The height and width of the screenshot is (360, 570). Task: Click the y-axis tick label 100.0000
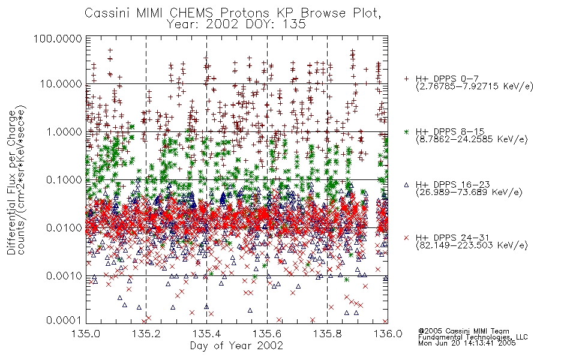point(58,38)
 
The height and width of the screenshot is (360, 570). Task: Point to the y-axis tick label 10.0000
point(61,84)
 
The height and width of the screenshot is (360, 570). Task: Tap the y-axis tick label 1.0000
point(64,131)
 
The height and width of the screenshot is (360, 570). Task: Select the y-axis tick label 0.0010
point(64,275)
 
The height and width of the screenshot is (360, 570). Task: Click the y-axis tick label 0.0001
point(64,320)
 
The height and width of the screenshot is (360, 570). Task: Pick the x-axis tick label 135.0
point(86,334)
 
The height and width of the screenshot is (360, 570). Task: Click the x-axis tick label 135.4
point(206,334)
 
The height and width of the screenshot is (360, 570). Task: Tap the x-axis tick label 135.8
point(327,334)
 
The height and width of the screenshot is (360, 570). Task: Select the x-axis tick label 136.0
point(388,334)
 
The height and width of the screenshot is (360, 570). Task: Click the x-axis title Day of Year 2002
point(236,346)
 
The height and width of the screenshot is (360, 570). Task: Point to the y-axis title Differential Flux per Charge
point(11,182)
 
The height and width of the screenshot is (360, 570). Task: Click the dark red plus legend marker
point(406,79)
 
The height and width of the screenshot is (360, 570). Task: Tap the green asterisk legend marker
point(406,131)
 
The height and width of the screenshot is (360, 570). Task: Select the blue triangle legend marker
point(406,185)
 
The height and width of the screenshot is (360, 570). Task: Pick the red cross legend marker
point(406,238)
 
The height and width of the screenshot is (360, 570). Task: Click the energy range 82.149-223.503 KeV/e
point(472,245)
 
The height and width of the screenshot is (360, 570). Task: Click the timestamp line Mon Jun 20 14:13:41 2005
point(467,343)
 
